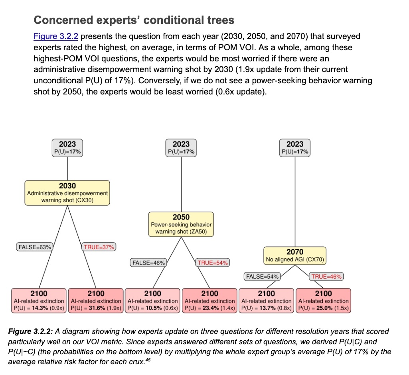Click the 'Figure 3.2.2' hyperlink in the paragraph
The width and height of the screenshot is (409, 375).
click(56, 37)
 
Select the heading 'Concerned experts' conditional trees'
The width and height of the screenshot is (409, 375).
click(134, 20)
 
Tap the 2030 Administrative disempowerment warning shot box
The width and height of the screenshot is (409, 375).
click(67, 192)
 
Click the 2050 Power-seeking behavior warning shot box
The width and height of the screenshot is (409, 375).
click(181, 224)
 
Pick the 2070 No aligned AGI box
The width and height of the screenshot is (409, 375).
click(295, 255)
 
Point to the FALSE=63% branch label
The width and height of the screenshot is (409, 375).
click(35, 247)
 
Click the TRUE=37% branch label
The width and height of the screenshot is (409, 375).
click(99, 247)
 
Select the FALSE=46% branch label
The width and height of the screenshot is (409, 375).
click(148, 263)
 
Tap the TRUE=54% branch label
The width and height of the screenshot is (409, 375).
click(213, 263)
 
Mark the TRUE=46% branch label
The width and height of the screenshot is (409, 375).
click(327, 276)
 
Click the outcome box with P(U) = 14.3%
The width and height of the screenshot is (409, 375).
click(39, 300)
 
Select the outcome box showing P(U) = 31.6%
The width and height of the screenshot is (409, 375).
click(96, 300)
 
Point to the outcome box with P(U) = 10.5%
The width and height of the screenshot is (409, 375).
click(153, 300)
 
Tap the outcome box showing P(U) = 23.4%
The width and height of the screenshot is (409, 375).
click(209, 300)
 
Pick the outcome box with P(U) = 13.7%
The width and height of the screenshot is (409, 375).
click(266, 300)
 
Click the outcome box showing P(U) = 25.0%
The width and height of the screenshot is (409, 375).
click(323, 300)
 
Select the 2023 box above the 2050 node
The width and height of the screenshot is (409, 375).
click(181, 147)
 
